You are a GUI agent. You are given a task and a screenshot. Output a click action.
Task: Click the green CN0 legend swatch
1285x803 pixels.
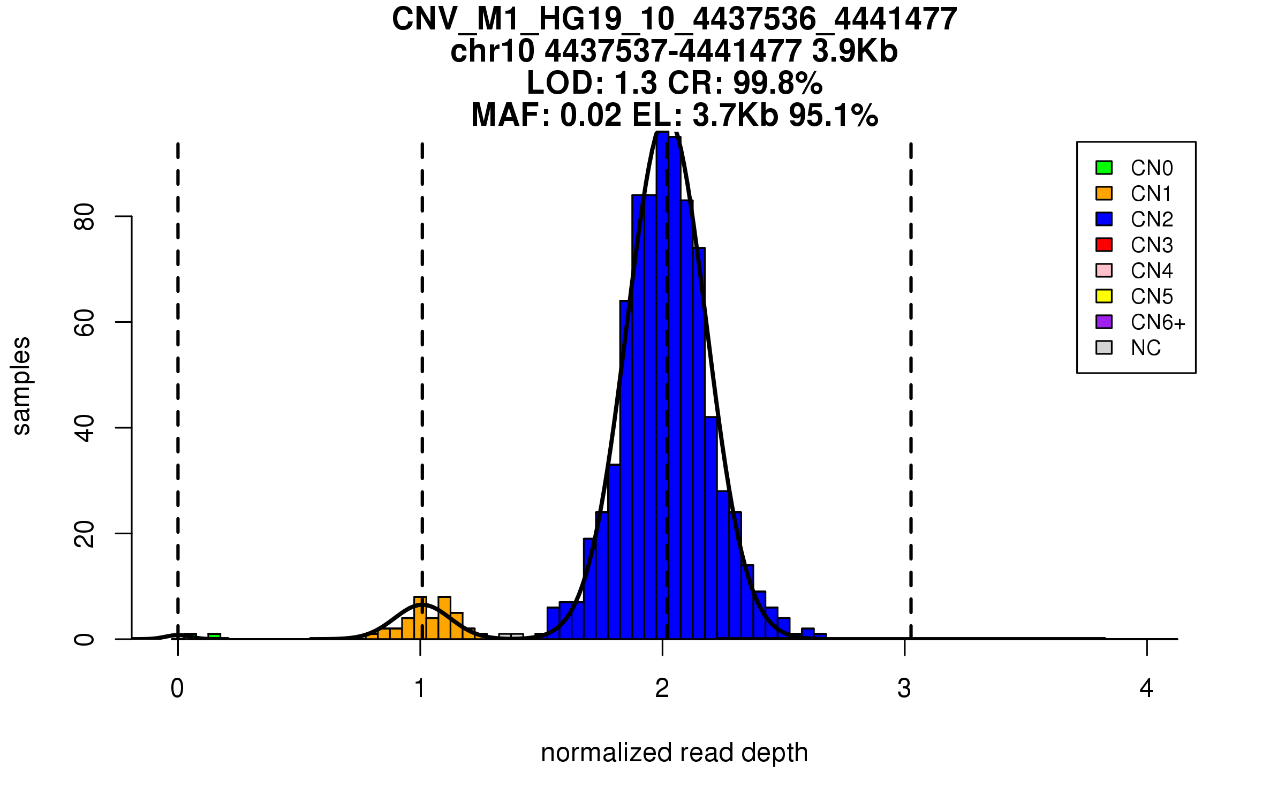click(x=1104, y=168)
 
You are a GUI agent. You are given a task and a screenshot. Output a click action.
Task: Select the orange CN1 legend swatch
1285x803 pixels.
click(x=1104, y=193)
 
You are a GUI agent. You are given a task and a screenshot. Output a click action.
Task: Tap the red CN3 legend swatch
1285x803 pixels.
click(x=1104, y=245)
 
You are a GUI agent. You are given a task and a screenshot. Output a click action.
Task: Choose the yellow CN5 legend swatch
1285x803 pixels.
click(x=1104, y=296)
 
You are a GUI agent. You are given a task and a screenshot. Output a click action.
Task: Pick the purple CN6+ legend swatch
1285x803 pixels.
click(x=1104, y=322)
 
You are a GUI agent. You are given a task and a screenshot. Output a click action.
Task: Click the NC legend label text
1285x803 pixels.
click(x=1145, y=348)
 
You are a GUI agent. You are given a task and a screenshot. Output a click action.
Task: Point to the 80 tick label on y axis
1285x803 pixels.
click(x=85, y=217)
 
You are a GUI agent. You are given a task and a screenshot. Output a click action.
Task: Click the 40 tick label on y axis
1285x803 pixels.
click(x=85, y=428)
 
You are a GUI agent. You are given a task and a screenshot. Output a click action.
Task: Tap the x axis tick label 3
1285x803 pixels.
click(x=904, y=688)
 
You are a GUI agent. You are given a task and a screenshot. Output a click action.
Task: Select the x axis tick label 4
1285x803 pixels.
click(x=1146, y=688)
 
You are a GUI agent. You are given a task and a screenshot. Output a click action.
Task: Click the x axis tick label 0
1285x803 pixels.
click(x=177, y=688)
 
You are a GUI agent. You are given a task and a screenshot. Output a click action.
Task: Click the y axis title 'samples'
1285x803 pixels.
click(x=21, y=385)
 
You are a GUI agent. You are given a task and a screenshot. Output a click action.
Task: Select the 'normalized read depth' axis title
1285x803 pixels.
click(x=674, y=753)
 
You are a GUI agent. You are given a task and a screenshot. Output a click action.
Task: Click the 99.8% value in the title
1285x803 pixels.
click(x=777, y=83)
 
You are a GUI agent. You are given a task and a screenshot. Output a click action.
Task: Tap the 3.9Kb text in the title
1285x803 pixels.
click(x=855, y=51)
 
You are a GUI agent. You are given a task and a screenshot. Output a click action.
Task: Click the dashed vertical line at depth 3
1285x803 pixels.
click(x=911, y=375)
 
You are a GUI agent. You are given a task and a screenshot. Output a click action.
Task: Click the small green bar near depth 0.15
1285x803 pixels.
click(x=214, y=636)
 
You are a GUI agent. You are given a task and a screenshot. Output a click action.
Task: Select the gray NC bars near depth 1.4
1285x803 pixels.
click(x=511, y=636)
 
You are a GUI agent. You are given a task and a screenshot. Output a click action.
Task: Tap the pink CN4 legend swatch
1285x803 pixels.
click(x=1104, y=270)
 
